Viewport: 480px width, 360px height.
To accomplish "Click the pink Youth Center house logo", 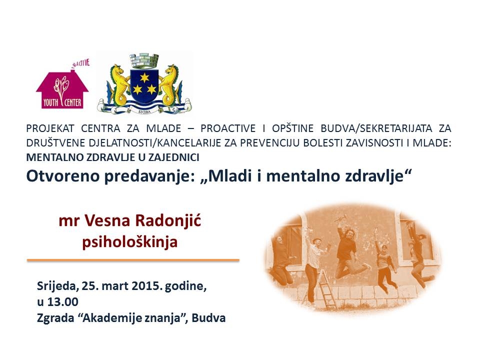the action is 62,87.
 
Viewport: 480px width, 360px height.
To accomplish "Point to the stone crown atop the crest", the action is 144,61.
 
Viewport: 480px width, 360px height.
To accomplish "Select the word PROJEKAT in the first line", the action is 50,128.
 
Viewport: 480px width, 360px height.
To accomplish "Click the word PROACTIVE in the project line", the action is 228,128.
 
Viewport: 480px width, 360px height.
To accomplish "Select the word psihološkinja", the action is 130,242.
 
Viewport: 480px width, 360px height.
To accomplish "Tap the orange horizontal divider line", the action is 133,260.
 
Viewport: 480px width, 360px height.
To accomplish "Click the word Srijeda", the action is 56,286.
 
